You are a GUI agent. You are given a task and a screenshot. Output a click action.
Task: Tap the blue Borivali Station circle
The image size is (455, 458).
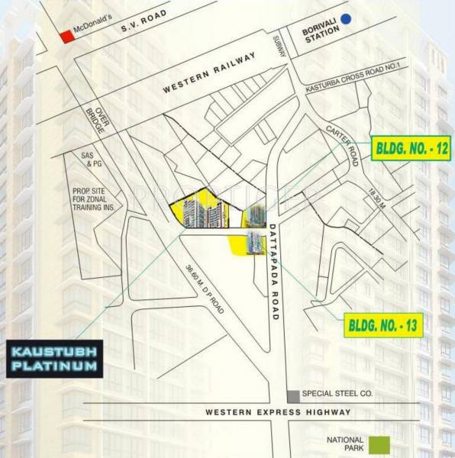347,20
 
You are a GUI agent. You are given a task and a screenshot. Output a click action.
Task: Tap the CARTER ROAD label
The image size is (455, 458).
341,139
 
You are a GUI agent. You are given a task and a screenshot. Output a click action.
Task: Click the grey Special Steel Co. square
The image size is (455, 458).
292,395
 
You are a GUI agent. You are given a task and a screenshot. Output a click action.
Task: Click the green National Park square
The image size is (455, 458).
379,443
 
